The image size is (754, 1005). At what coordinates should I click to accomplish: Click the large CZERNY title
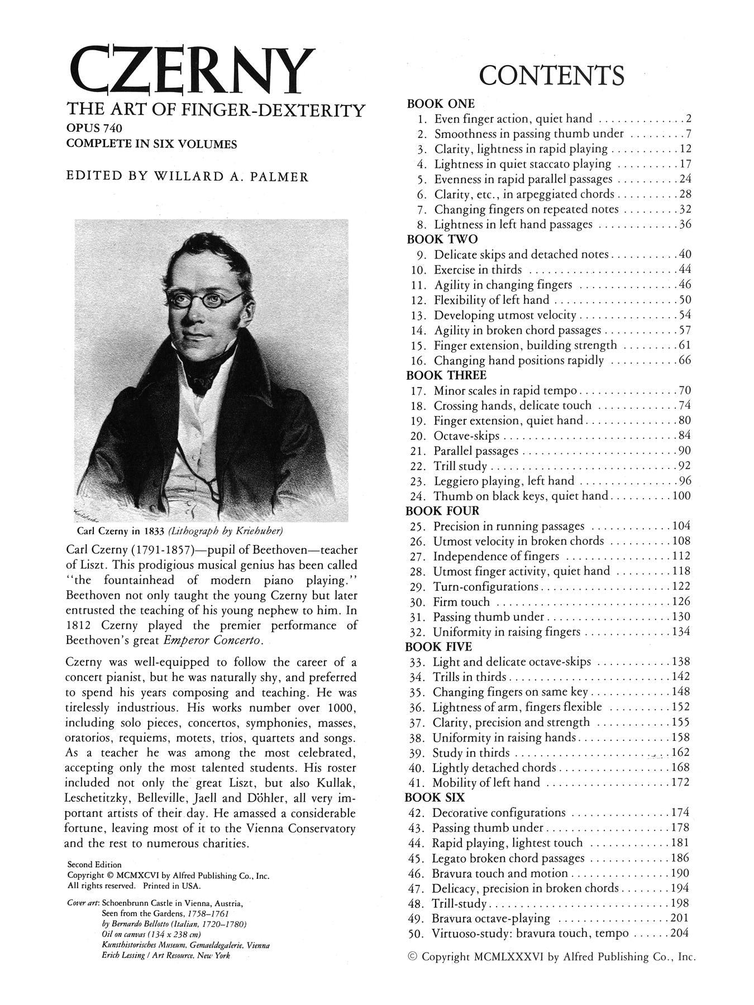pos(190,71)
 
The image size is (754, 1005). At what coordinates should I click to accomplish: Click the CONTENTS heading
pos(551,75)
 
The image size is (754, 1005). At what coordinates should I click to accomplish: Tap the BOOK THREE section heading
pos(446,375)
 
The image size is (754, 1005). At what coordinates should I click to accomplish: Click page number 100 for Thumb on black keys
pos(681,496)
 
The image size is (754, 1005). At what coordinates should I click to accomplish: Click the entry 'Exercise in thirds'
pos(478,270)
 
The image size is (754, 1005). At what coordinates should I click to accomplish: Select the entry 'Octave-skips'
pos(466,435)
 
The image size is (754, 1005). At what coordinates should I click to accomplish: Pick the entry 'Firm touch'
pos(461,602)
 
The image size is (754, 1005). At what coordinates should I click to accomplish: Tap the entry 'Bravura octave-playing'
pos(491,918)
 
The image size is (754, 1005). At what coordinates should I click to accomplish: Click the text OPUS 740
pos(94,128)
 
